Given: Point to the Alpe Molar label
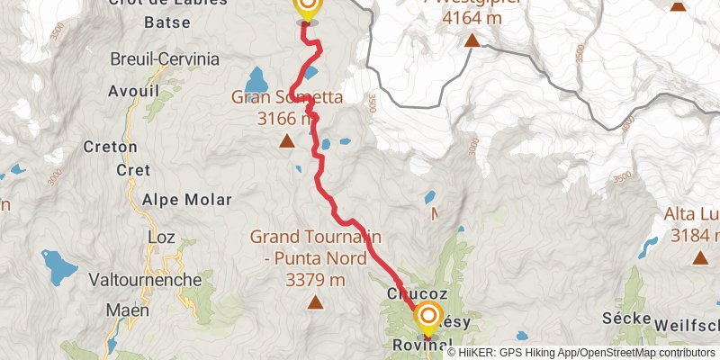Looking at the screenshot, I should click(x=186, y=200).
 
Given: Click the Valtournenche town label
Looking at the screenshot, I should click(x=145, y=280).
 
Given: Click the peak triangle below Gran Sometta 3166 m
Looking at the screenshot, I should click(x=286, y=141).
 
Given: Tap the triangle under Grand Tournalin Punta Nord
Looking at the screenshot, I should click(x=315, y=302).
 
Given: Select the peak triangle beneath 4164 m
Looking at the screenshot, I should click(x=471, y=40).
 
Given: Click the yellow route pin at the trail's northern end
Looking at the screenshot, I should click(x=307, y=7).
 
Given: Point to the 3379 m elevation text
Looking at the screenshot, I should click(x=315, y=280).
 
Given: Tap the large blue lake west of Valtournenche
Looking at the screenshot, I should click(x=58, y=265).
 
